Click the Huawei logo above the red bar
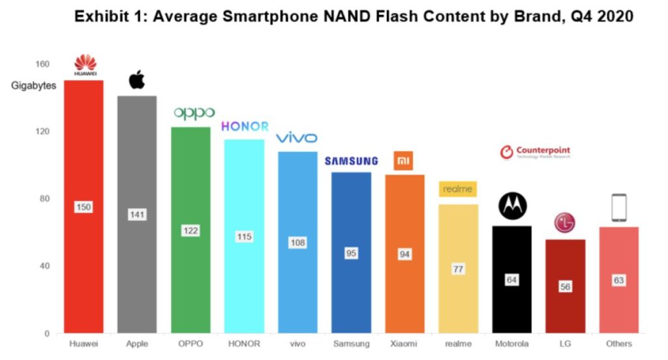[x=84, y=65]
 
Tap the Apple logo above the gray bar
[x=136, y=80]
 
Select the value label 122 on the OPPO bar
[x=190, y=231]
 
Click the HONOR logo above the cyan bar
[x=245, y=127]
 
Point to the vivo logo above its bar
[x=297, y=138]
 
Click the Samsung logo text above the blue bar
[x=351, y=161]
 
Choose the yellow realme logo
[x=458, y=189]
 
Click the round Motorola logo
[x=511, y=206]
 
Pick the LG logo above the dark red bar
[x=565, y=222]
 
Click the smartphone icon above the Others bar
[x=618, y=209]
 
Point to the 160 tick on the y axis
[x=42, y=64]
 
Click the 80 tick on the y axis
[x=45, y=199]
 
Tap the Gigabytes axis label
[x=34, y=85]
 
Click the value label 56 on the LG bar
[x=565, y=287]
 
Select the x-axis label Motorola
[x=511, y=344]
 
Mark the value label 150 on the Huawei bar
[x=83, y=207]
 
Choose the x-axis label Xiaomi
[x=404, y=344]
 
